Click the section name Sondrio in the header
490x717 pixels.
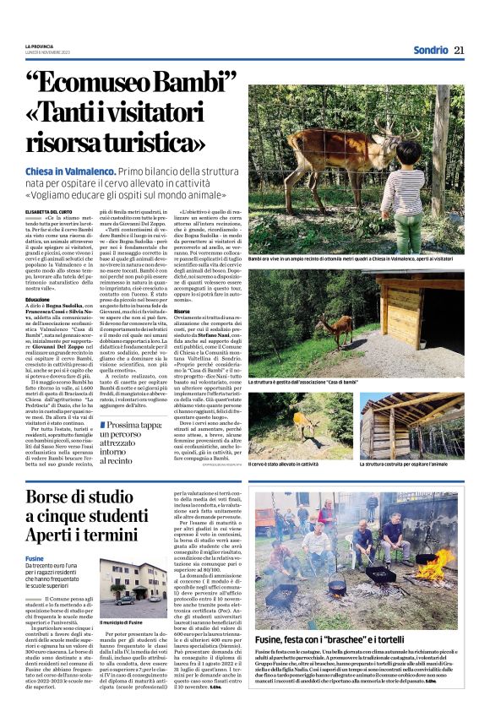pyautogui.click(x=430, y=49)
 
